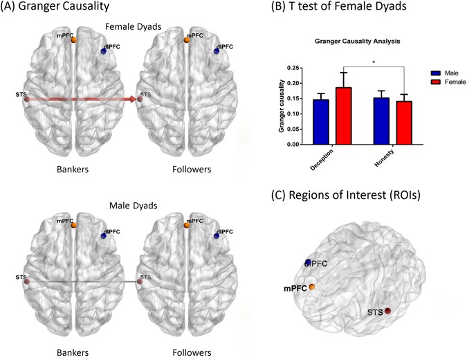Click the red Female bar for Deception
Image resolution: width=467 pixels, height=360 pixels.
344,116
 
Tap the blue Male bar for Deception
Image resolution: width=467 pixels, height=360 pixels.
321,123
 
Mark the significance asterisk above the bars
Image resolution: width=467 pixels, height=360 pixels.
374,62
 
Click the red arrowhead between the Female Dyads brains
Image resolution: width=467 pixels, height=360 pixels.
132,100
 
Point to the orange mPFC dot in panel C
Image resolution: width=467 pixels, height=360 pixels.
312,287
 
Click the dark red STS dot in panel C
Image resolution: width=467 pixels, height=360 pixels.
388,311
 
